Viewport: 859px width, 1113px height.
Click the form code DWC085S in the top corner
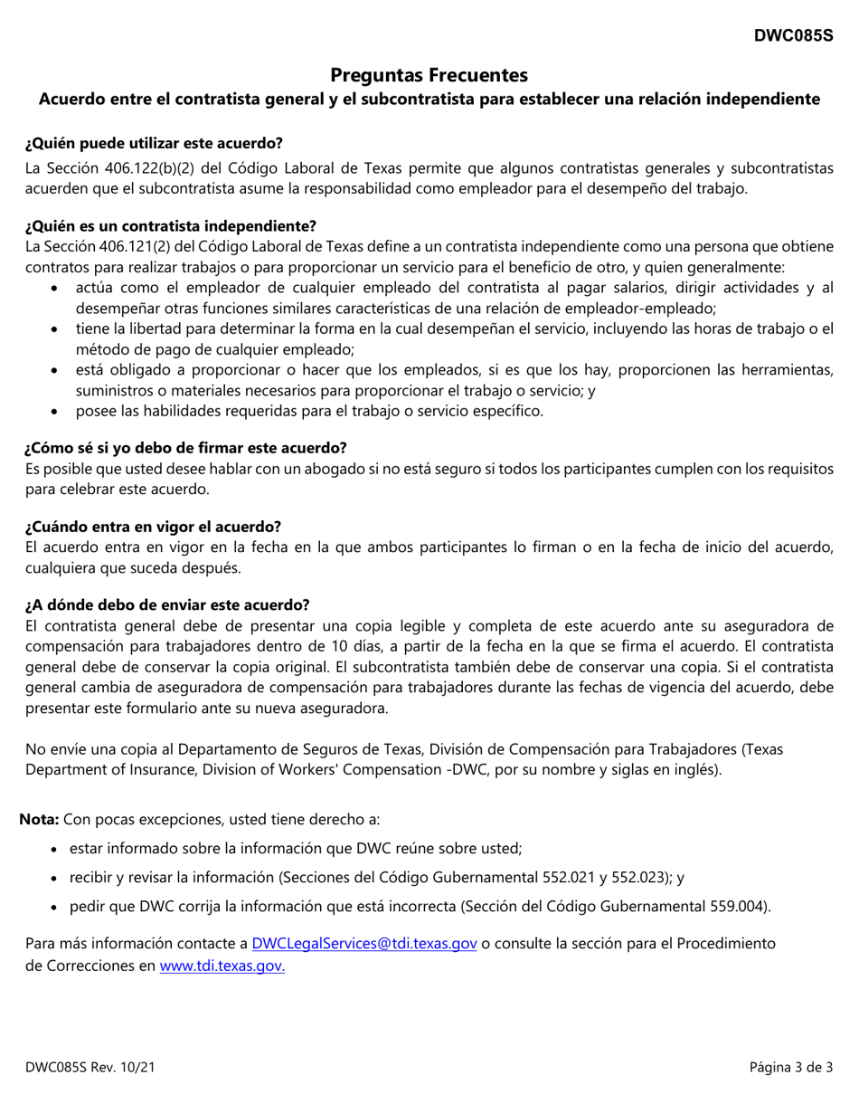tap(794, 35)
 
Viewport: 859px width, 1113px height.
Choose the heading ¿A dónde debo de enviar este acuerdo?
tap(167, 604)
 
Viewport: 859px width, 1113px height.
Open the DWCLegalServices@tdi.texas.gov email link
tap(363, 943)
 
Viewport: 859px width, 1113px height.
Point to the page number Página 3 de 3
tap(790, 1068)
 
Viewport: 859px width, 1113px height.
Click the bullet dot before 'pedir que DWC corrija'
tap(58, 907)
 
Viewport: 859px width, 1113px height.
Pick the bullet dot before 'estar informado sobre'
tap(58, 849)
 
